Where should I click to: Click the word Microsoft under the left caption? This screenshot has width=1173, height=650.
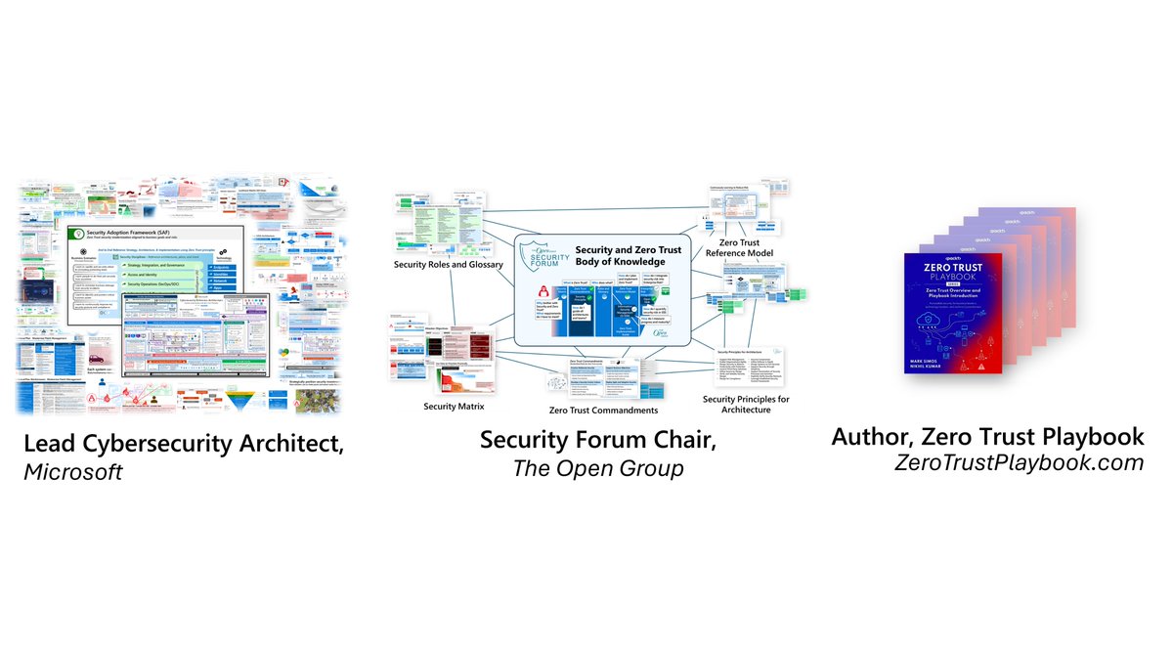click(74, 472)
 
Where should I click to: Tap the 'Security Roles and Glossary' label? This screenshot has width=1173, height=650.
click(449, 265)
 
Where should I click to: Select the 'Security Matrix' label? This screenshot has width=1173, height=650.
click(454, 405)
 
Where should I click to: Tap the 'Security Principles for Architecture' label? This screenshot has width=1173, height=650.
click(746, 405)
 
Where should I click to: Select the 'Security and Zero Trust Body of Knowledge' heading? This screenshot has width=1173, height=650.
click(629, 256)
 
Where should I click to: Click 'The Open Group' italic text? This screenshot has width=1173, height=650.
click(597, 468)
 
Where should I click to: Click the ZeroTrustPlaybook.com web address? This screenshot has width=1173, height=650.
click(1019, 463)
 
